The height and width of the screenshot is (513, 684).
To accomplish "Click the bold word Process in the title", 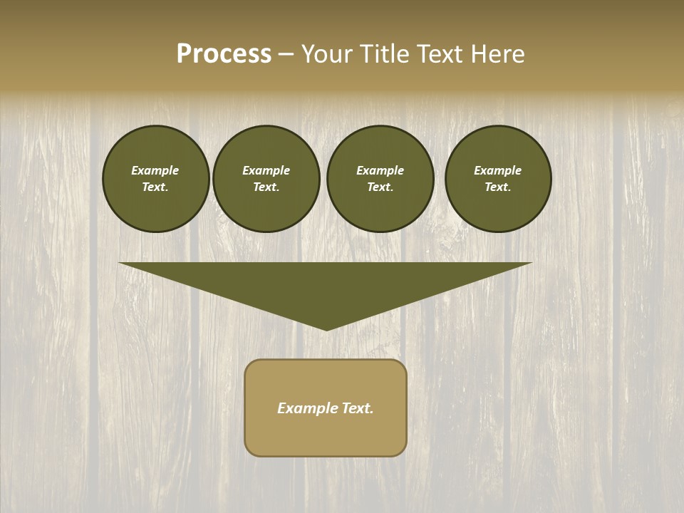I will click(224, 54).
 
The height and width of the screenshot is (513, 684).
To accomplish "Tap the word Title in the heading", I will click(382, 54).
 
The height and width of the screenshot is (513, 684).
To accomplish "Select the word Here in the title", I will click(497, 54).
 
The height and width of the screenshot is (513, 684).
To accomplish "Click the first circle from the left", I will click(155, 179).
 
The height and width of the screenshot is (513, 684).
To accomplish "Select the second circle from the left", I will click(266, 179).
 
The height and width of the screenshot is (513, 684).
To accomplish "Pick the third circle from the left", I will click(380, 179).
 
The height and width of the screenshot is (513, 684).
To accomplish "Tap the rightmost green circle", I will click(498, 179).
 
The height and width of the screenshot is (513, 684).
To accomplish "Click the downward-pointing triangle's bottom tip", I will click(326, 328).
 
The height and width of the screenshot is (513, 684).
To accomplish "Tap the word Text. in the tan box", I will click(357, 408).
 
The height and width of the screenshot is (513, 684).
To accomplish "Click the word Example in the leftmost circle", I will click(155, 170).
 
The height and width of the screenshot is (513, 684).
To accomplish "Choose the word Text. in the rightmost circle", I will click(498, 187).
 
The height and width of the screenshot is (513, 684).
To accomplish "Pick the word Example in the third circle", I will click(380, 170).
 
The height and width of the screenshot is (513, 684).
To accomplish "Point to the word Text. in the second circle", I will click(266, 187).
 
